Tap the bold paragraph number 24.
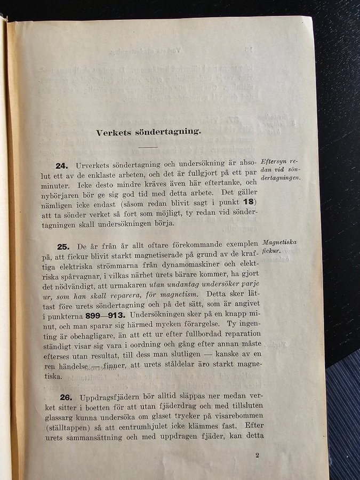click(63, 166)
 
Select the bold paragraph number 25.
click(63, 246)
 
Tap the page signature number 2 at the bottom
click(257, 455)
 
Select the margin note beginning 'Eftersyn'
click(280, 169)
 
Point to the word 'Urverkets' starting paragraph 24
click(94, 165)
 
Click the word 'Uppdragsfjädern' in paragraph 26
click(109, 397)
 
